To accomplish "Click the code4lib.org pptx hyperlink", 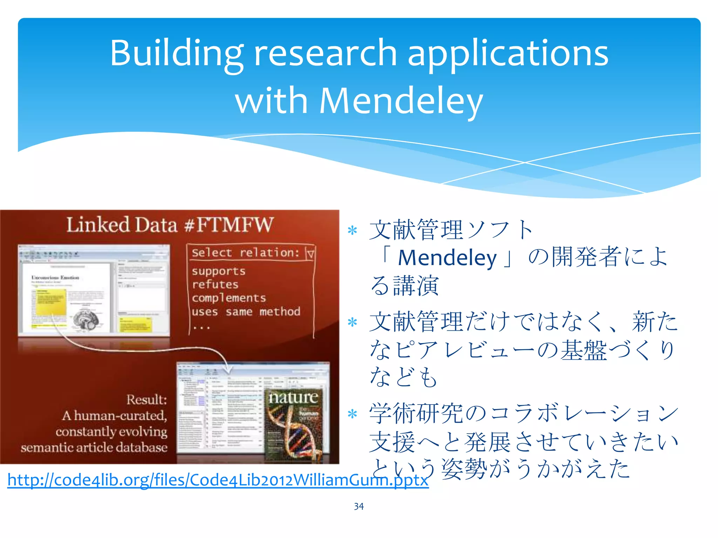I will click(218, 480).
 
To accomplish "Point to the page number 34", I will click(359, 506).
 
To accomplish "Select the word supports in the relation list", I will click(218, 271).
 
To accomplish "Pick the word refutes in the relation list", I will click(215, 284).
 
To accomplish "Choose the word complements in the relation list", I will click(229, 298).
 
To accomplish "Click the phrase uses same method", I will click(246, 312).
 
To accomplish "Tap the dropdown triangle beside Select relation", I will click(310, 253).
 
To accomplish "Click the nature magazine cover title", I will click(293, 397).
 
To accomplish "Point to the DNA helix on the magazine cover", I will click(298, 434).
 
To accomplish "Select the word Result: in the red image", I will click(147, 400).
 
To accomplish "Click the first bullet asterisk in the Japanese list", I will click(352, 230).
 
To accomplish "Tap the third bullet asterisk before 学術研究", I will click(352, 414).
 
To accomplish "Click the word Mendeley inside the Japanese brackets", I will click(447, 258).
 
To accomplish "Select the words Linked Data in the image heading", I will click(122, 225).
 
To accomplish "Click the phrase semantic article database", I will click(94, 448).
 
